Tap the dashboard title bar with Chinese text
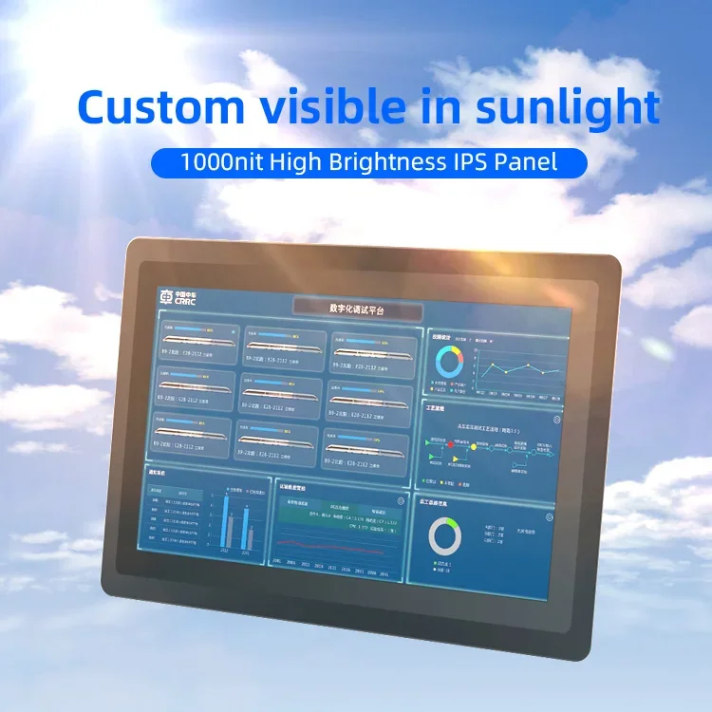(359, 309)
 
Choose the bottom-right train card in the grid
(366, 442)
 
